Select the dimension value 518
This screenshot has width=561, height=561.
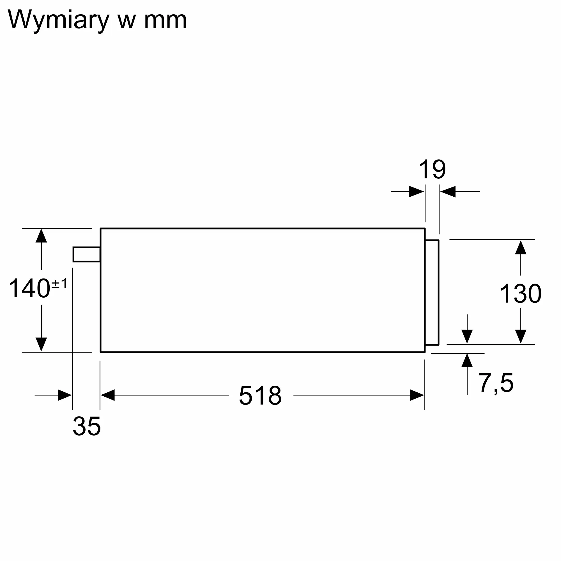coord(260,395)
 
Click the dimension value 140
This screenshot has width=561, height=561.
coord(29,288)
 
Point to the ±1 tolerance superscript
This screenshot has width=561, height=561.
coord(59,283)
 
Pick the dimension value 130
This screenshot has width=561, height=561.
coord(521,294)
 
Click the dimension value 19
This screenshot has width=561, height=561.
coord(432,169)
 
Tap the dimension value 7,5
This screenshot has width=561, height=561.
coord(496,383)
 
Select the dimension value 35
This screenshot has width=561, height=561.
coord(87,426)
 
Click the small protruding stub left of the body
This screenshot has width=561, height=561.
coord(86,254)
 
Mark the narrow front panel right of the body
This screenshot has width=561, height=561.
coord(432,292)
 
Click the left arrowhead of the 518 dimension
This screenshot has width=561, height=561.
coord(108,395)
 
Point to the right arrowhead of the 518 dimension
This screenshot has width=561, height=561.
coord(417,395)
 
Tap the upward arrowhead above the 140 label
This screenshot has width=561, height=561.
coord(41,236)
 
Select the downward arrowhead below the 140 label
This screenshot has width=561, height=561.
coord(41,344)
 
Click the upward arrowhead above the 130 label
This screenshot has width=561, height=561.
coord(521,247)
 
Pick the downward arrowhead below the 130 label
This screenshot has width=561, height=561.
coord(521,337)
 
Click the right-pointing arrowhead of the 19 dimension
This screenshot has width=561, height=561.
coord(416,191)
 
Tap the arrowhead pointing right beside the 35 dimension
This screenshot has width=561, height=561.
coord(65,395)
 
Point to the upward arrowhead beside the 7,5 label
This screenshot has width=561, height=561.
coord(467,360)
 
